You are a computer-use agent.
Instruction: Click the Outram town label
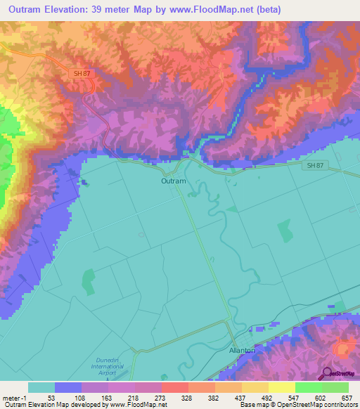click(172, 181)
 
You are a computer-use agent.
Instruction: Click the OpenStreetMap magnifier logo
click(328, 374)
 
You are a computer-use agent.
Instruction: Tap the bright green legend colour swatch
click(308, 387)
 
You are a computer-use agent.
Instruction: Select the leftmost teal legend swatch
click(41, 387)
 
